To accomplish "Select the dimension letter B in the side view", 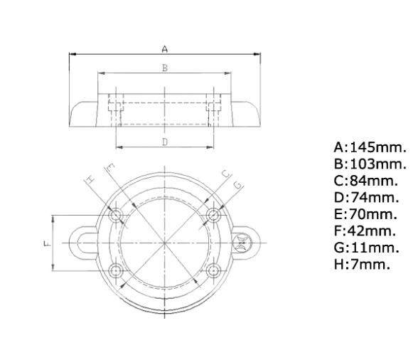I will coord(164,68).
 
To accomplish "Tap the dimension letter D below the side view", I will coord(164,142).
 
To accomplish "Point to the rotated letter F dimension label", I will coord(44,243).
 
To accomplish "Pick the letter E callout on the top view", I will coord(109,169).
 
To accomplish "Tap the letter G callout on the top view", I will coord(237,184).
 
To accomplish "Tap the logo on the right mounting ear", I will coord(245,243).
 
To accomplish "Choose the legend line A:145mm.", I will coord(370,148).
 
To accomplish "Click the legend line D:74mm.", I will coord(366,198).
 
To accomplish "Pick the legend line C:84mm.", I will coord(366,181).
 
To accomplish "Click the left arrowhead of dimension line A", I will coord(72,53).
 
